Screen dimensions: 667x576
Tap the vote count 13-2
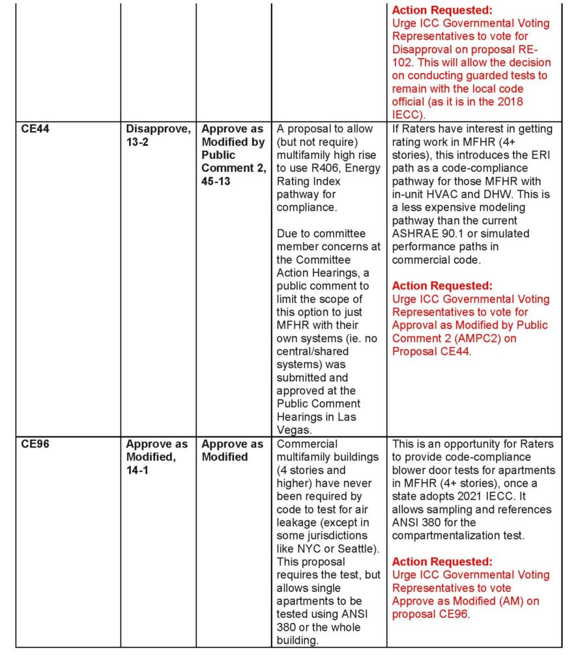point(137,142)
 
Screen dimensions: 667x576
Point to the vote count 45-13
point(217,181)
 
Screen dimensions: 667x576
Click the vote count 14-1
point(137,470)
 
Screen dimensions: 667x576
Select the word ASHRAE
point(414,233)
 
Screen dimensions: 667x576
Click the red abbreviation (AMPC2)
point(456,338)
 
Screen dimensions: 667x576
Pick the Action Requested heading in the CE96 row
point(442,561)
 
